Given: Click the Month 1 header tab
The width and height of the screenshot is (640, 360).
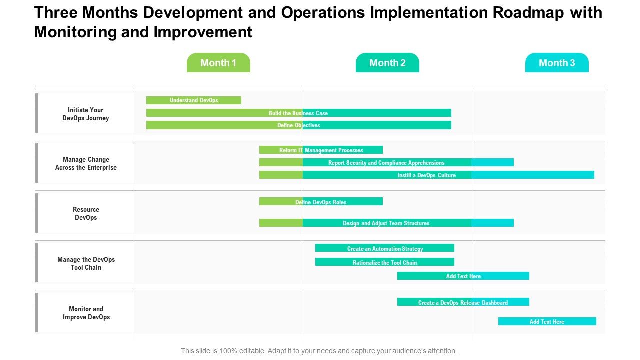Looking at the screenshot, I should point(218,63).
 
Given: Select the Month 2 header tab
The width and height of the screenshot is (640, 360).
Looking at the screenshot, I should point(387,63).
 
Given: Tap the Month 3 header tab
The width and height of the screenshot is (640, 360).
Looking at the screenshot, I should point(557,63).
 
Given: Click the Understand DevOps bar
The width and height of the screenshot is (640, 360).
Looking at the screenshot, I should point(194,100).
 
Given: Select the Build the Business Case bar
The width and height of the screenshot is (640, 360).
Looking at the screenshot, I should point(298,113).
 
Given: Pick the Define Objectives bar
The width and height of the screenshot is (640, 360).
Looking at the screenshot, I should point(298,125).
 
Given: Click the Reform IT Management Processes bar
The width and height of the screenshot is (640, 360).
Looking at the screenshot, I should point(321,150).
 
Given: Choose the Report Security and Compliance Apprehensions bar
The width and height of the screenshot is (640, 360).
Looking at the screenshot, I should point(386,162).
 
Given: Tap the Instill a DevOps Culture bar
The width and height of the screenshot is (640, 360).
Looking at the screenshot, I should point(426,175).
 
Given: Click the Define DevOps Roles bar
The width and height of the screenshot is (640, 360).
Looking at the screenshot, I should point(321,202).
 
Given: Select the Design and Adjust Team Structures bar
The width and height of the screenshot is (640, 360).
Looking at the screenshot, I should point(386,223).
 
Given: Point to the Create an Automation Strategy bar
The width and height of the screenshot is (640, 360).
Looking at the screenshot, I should point(385,248).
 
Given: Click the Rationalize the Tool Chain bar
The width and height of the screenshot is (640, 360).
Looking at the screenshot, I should point(385,262).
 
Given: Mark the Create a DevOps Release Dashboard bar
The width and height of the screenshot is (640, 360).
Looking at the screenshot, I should point(463,302).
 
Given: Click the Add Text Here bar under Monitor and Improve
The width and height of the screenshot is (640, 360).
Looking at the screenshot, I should point(547,321).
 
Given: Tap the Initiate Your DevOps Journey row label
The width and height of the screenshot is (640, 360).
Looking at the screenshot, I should point(86,114).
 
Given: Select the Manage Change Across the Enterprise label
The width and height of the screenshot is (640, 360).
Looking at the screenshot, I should point(86,163).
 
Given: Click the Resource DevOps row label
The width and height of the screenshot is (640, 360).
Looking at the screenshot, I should point(86,213).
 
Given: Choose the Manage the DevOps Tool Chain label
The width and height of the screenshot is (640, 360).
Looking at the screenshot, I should point(86,263).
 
